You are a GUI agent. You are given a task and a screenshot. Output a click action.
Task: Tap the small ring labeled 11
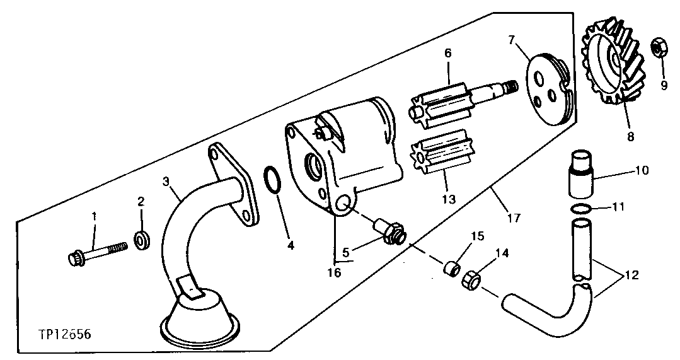click(582, 209)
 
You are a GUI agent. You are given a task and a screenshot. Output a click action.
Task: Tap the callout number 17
click(514, 218)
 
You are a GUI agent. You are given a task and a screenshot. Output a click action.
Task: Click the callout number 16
click(333, 272)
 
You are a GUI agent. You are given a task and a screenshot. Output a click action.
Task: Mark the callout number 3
click(166, 181)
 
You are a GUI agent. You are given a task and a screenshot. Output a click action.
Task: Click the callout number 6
click(447, 53)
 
